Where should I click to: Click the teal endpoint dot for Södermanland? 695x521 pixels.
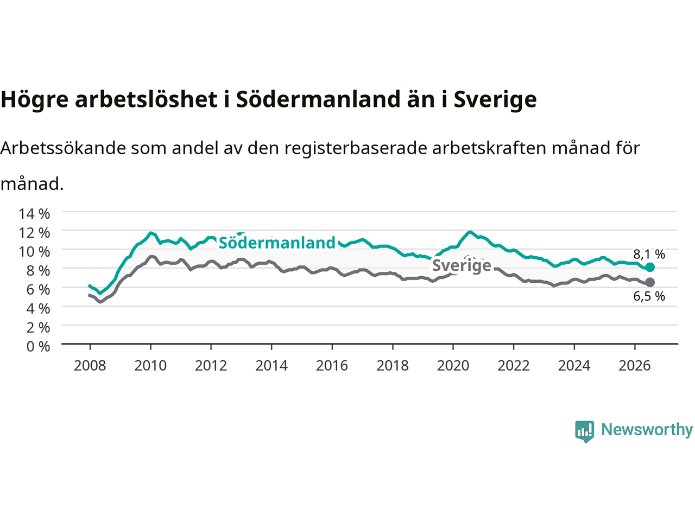click(x=650, y=268)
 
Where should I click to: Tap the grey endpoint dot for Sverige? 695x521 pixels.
click(x=650, y=282)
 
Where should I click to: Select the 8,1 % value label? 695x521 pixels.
click(x=649, y=254)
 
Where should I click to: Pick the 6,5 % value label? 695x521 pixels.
click(x=649, y=296)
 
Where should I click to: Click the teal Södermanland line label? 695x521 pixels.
click(x=277, y=243)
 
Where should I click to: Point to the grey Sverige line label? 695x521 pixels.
click(x=462, y=265)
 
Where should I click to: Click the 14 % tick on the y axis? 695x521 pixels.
click(x=35, y=213)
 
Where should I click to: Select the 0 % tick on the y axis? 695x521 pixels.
click(x=39, y=346)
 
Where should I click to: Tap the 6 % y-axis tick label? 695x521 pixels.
click(x=39, y=289)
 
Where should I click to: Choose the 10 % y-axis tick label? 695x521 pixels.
click(x=35, y=251)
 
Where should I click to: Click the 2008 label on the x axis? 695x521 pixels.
click(x=90, y=366)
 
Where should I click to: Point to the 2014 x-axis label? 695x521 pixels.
click(x=271, y=366)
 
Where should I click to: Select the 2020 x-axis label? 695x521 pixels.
click(x=453, y=366)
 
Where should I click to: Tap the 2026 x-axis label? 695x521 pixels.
click(x=635, y=366)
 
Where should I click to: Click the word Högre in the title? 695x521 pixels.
click(x=35, y=100)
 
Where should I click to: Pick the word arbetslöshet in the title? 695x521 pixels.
click(x=146, y=99)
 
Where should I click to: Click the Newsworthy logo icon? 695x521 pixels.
click(x=584, y=431)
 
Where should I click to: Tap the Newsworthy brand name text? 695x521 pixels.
click(x=647, y=430)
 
